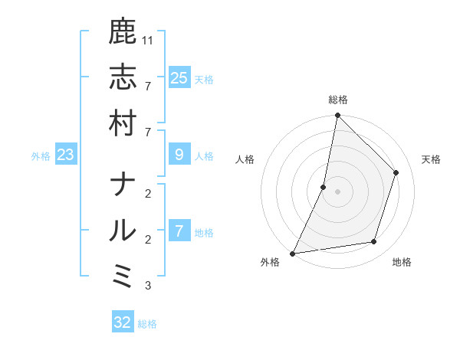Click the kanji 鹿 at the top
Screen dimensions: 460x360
[123, 31]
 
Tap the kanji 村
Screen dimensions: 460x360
[123, 123]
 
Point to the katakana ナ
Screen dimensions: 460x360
[123, 185]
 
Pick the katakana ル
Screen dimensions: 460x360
[123, 231]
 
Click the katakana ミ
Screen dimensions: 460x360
[123, 277]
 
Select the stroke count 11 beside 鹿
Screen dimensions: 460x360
[149, 40]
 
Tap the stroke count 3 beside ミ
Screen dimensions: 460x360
[147, 286]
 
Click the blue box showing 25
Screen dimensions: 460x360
[179, 77]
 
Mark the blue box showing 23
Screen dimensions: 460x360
[66, 155]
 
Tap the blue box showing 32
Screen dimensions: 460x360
[123, 322]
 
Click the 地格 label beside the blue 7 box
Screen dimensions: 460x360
[204, 233]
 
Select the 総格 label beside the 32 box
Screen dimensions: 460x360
[148, 324]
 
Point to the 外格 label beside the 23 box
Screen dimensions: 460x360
[41, 156]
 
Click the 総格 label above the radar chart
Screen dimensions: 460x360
[338, 100]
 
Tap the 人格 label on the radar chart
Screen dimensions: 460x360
[245, 159]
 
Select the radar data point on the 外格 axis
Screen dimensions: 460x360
[292, 254]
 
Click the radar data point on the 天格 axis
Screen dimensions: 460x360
[396, 172]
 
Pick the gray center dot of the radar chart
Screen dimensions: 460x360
[337, 191]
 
